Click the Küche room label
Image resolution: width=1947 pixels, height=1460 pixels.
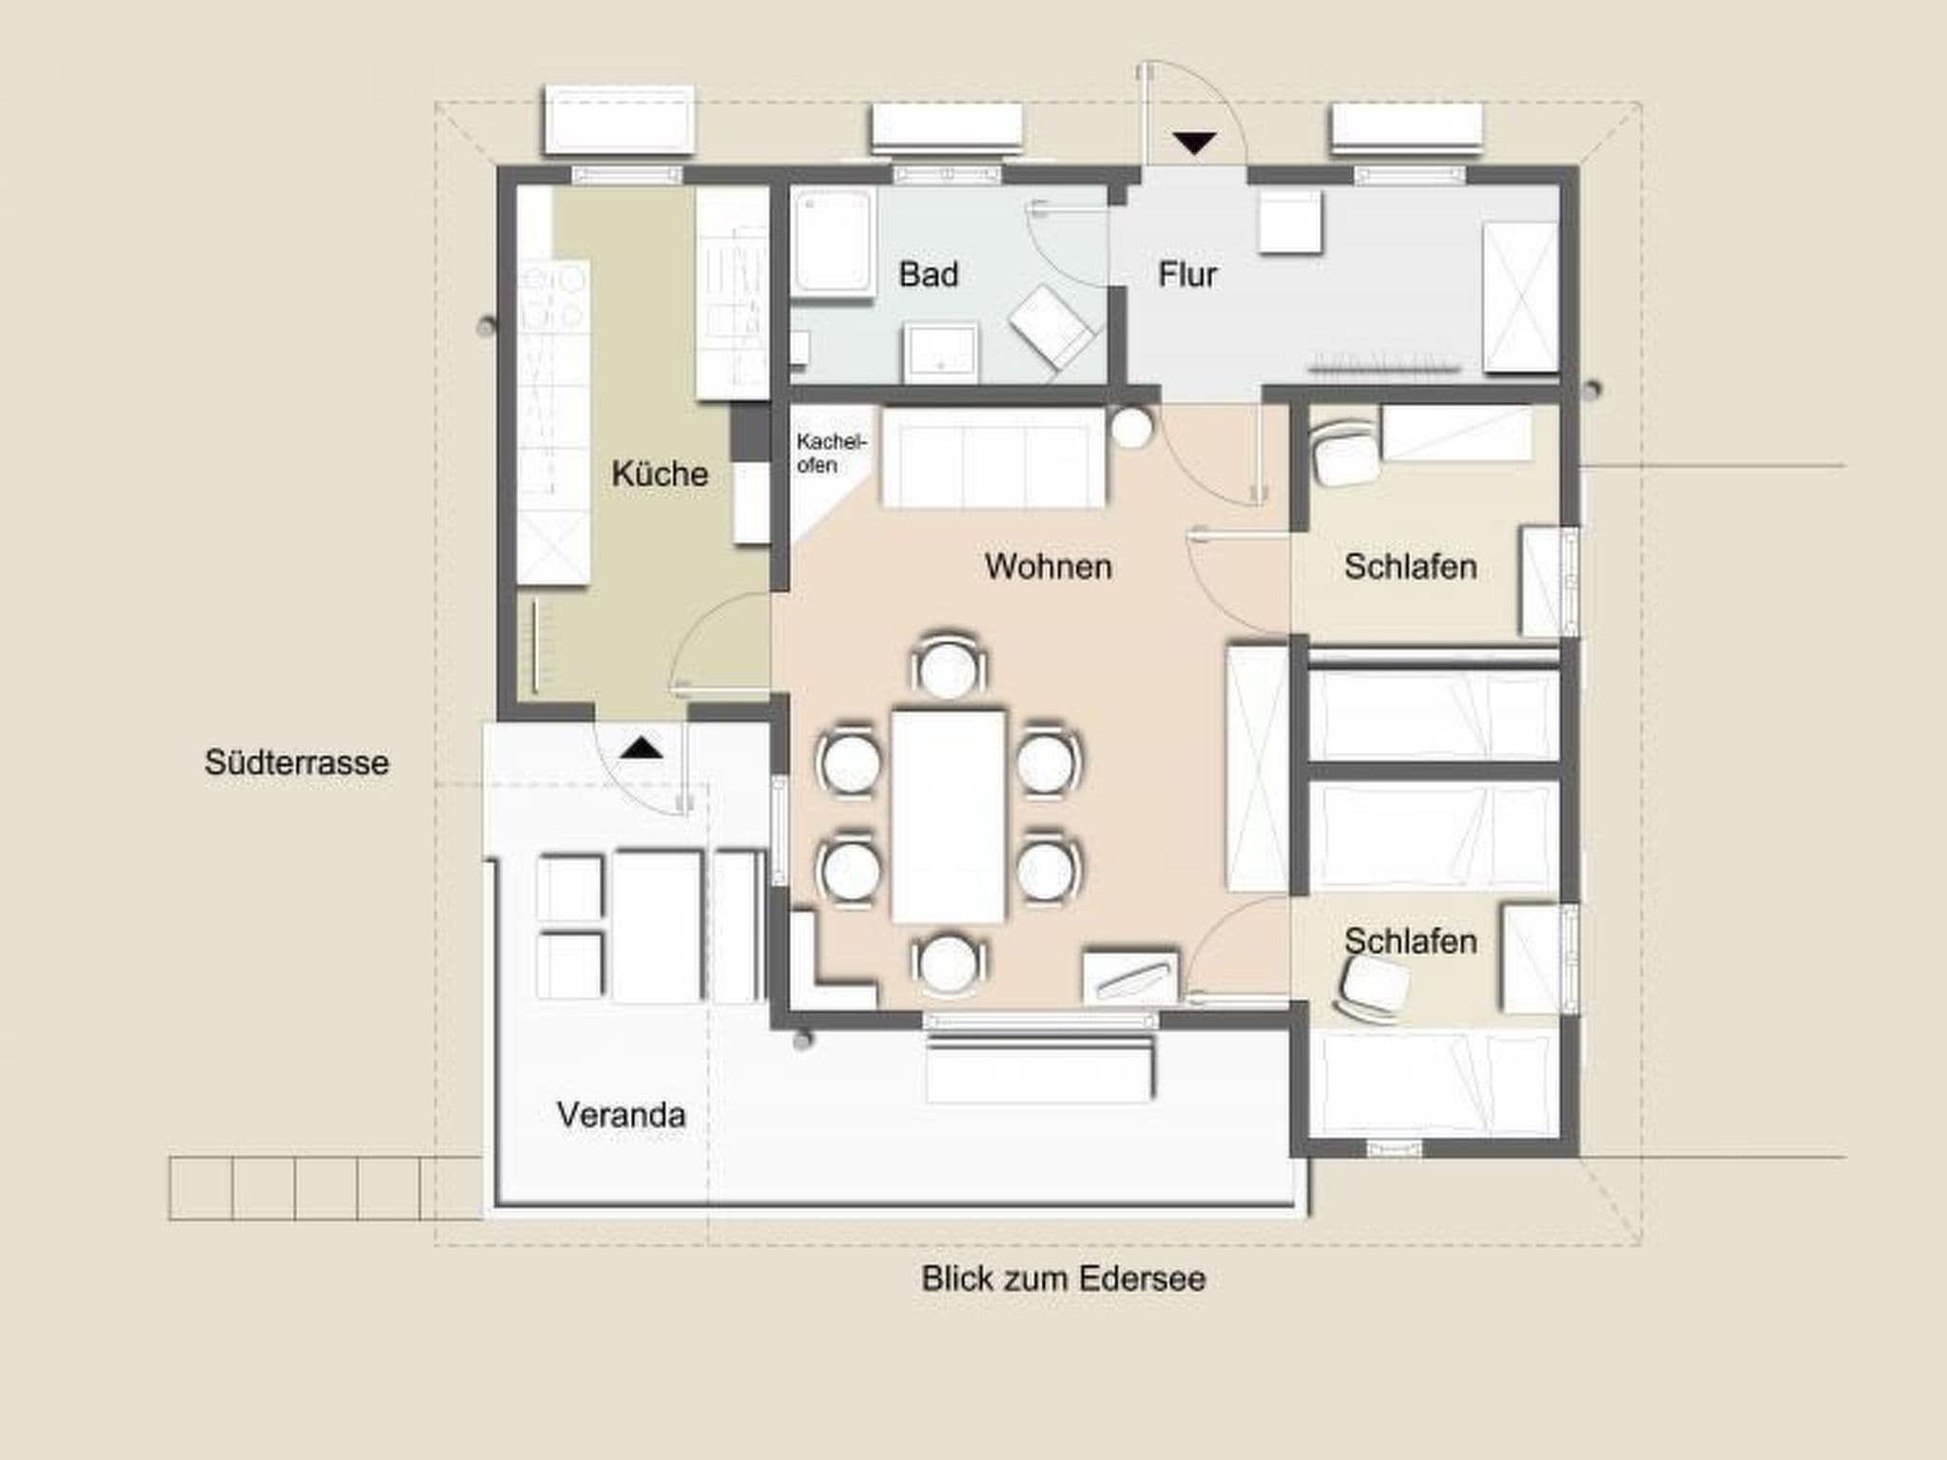660,473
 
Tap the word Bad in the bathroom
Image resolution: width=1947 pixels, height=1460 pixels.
929,275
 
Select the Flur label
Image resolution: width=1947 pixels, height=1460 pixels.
1187,275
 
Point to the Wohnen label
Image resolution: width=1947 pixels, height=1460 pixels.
1049,567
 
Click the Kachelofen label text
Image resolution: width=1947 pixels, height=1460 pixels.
832,453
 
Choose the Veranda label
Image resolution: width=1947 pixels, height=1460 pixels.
621,1115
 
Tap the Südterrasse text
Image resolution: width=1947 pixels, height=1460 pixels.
297,762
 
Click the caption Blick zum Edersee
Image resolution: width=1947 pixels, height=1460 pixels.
1063,1278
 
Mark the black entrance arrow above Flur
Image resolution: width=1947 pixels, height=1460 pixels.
1194,144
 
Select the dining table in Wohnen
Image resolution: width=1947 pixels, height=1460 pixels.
948,816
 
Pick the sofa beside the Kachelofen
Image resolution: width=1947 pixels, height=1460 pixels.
994,458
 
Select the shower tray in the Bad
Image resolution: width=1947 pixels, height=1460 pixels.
834,244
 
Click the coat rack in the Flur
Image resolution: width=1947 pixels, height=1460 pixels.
1384,366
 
